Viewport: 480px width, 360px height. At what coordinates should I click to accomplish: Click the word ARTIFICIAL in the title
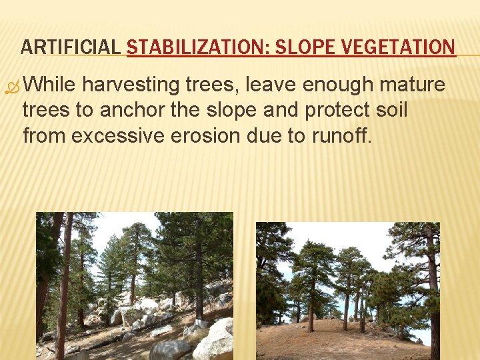coord(71,47)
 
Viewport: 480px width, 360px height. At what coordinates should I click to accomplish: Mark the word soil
coord(389,110)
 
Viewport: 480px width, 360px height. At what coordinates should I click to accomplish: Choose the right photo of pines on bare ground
coord(348,291)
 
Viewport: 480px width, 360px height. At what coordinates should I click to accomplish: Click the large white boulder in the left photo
coord(215,343)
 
